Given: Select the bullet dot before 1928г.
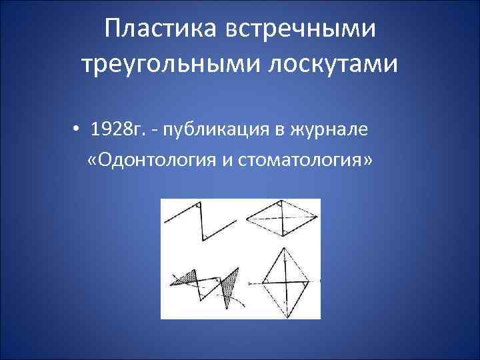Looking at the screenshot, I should point(78,130).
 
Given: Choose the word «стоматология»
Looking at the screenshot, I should point(299,162).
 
